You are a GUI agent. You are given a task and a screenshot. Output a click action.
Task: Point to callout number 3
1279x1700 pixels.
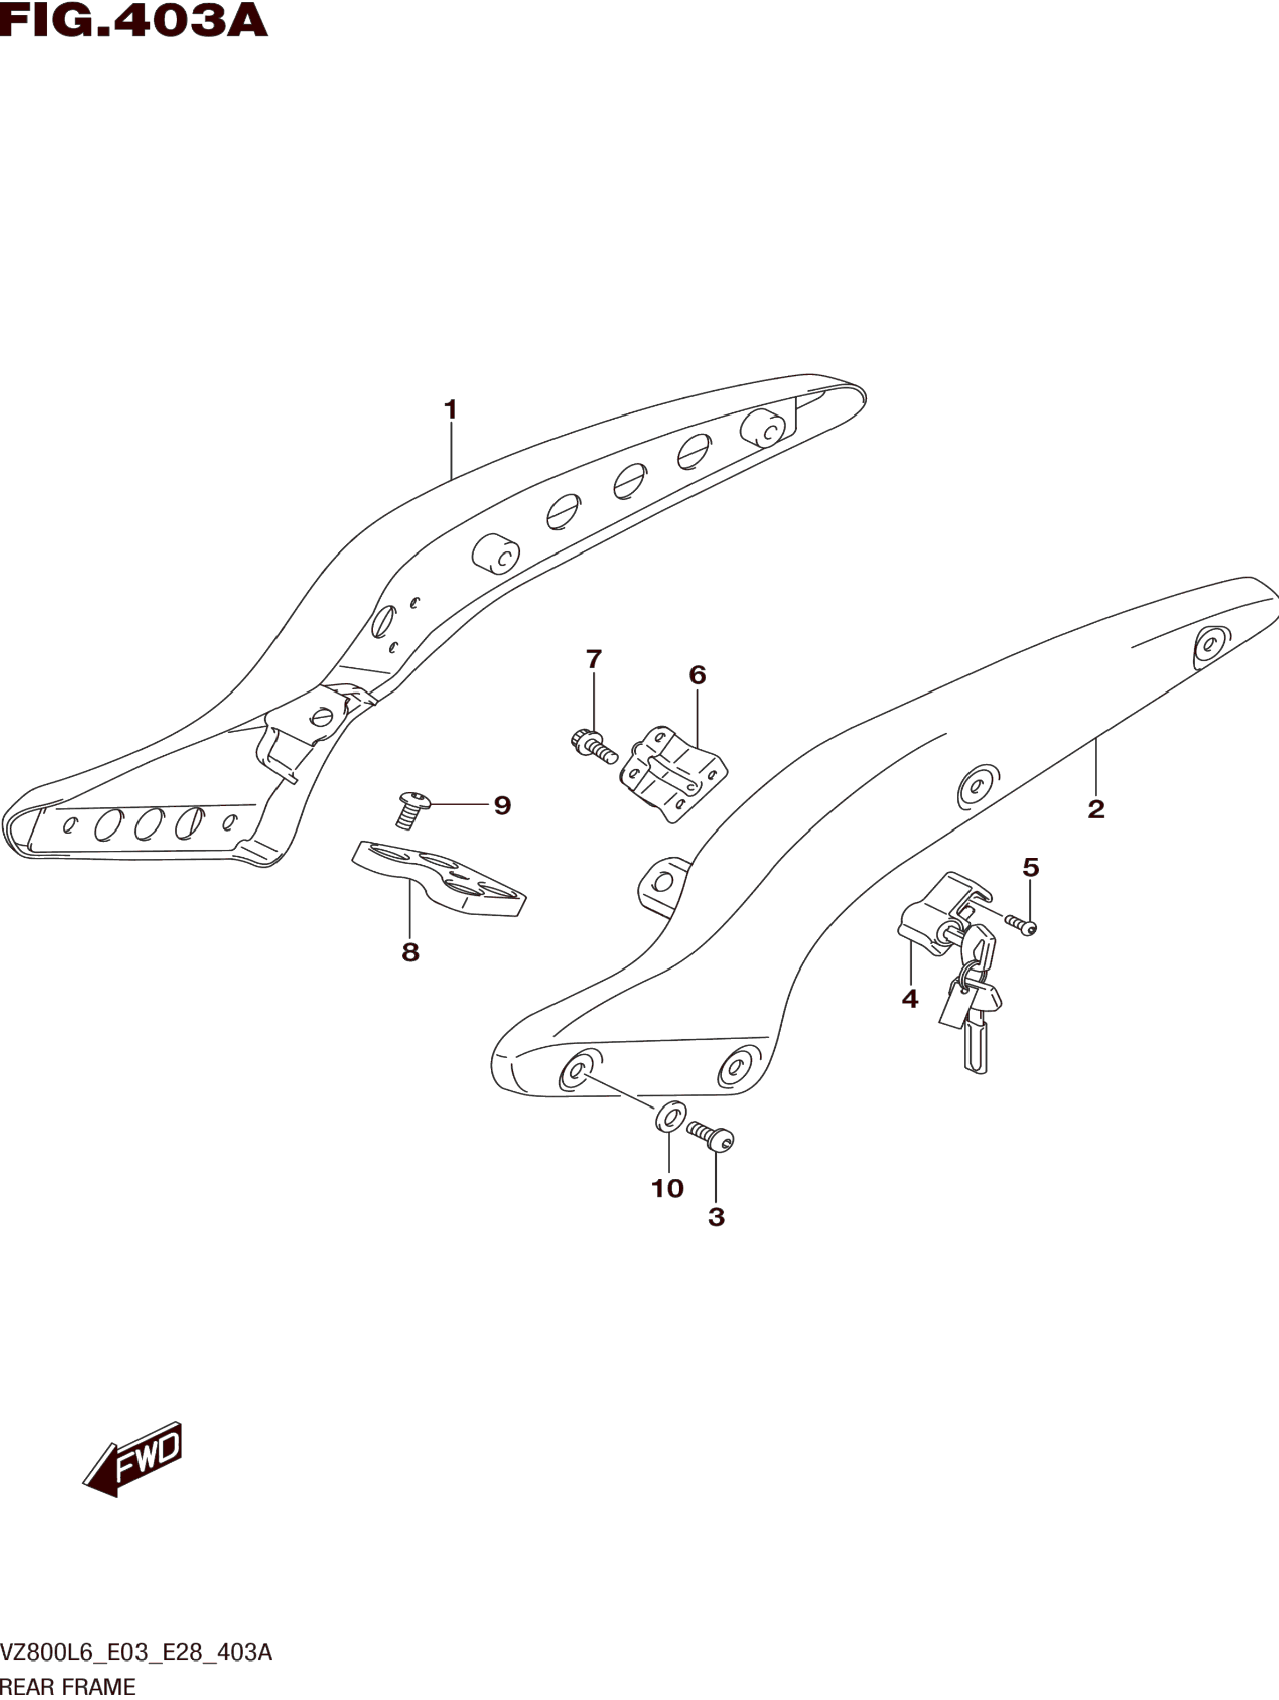(x=716, y=1216)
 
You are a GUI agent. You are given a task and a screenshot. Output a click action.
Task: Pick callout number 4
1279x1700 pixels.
(x=909, y=999)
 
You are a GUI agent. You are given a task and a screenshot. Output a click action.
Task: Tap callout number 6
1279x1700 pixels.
(x=697, y=675)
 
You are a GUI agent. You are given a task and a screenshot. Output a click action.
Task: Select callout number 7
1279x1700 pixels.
(x=593, y=659)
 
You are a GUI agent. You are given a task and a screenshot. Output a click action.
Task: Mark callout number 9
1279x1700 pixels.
(x=502, y=805)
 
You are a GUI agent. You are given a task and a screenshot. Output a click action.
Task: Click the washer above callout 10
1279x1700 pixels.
(x=670, y=1118)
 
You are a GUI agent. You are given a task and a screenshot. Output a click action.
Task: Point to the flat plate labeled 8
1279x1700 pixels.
(x=439, y=879)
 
